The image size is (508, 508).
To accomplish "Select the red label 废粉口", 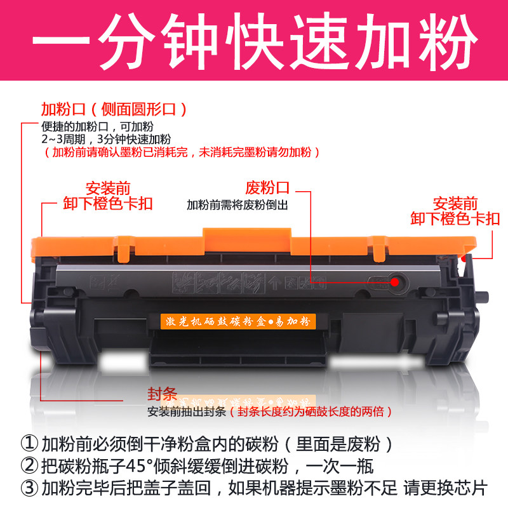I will [267, 188].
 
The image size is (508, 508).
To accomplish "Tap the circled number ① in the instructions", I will [29, 443].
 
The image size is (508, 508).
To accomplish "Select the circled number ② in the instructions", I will [29, 465].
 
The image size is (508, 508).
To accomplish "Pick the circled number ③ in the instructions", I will [29, 488].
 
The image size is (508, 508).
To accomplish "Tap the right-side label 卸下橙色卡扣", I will [455, 219].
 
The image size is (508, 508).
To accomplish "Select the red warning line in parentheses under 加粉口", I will [181, 152].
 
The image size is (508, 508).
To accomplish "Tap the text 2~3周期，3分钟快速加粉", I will [105, 139].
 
